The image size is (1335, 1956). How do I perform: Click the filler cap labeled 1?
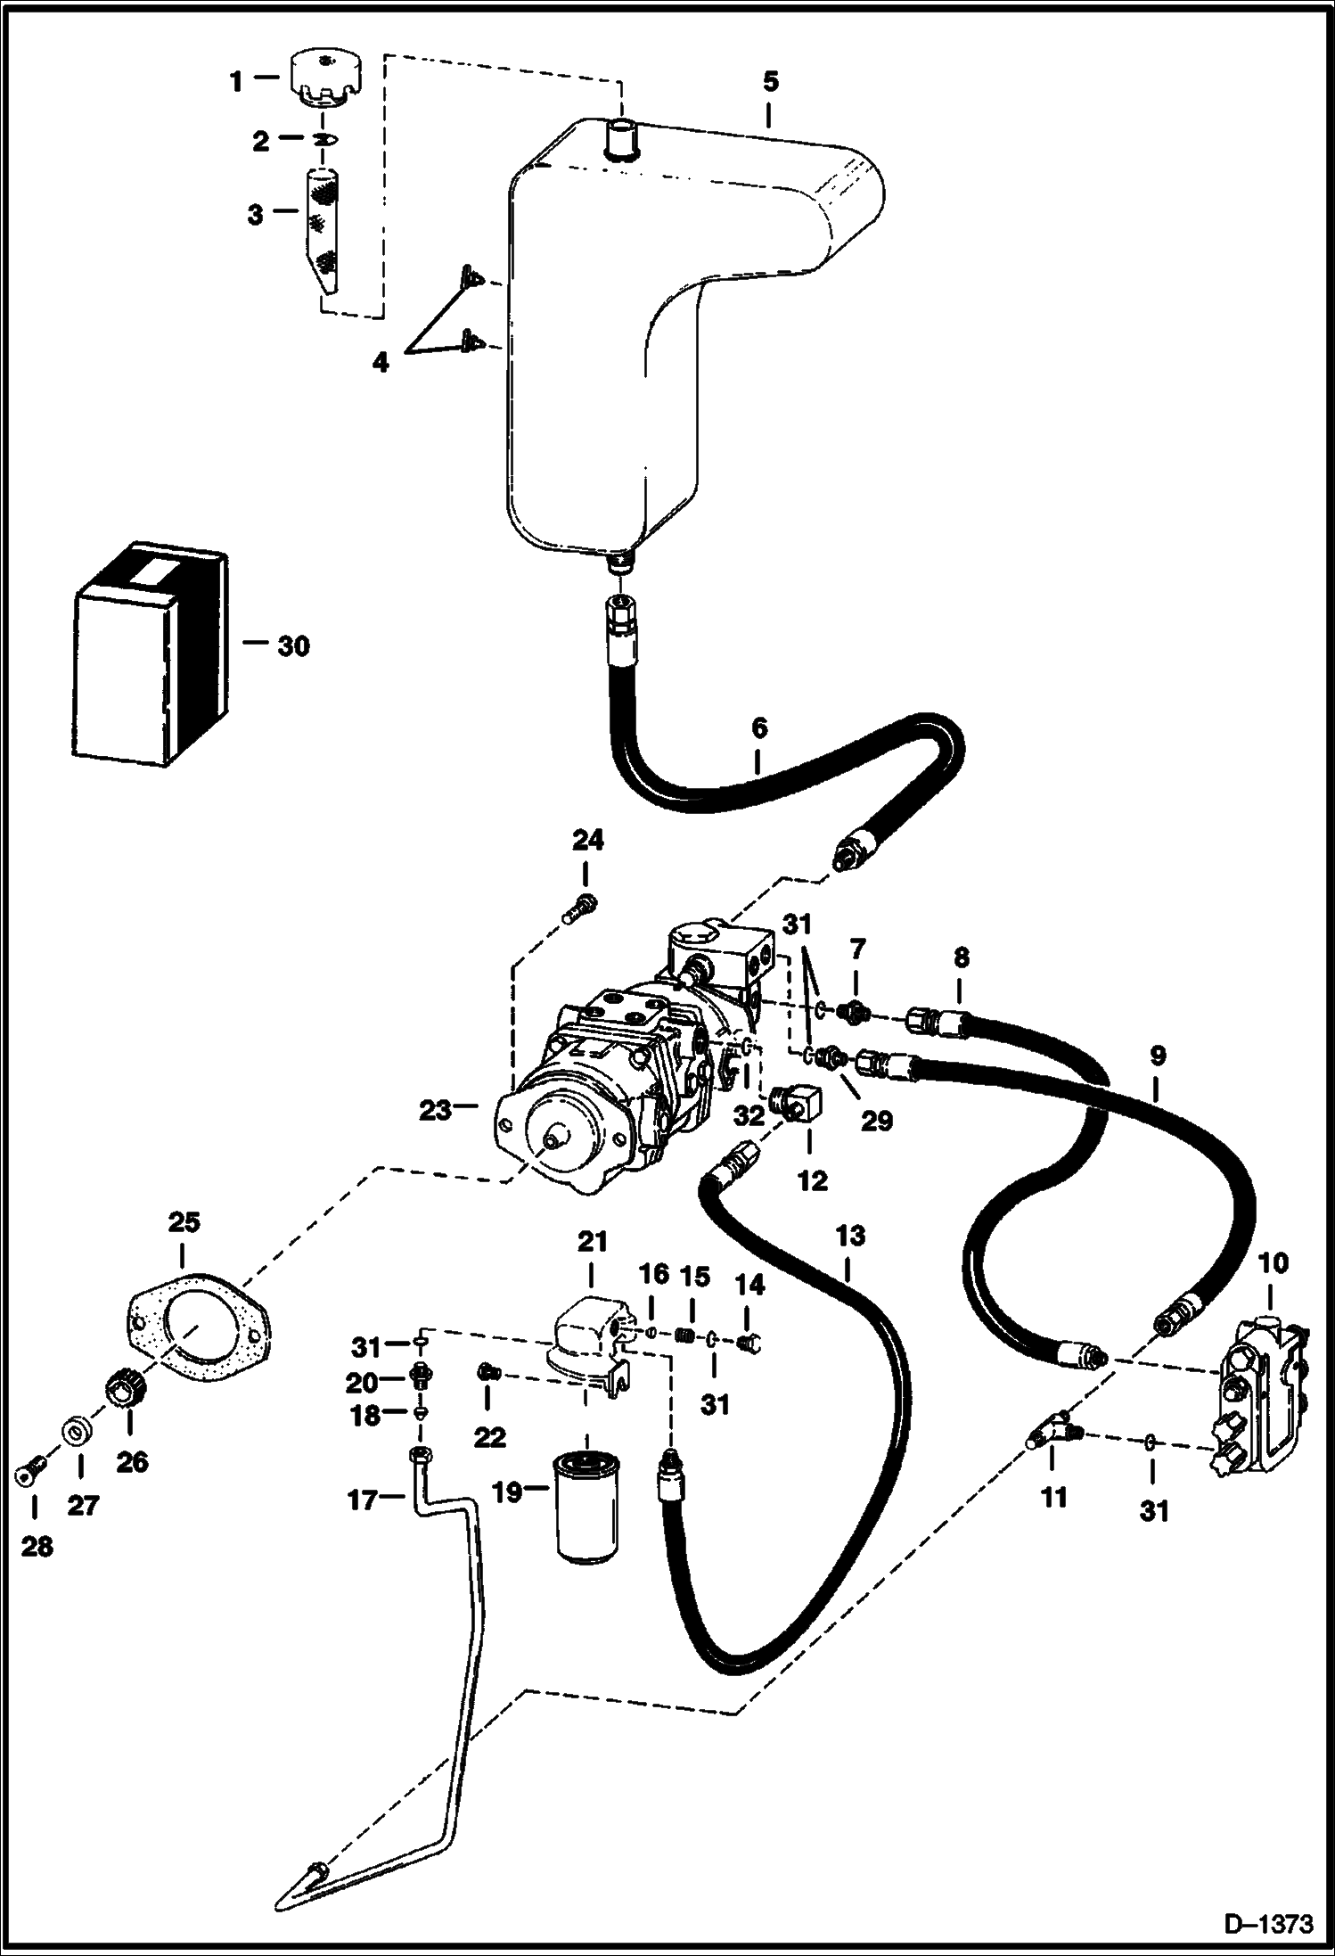pyautogui.click(x=325, y=79)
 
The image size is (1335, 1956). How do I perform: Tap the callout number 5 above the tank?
pyautogui.click(x=770, y=81)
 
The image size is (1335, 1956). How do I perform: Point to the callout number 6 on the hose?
pyautogui.click(x=758, y=728)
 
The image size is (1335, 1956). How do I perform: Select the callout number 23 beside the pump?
pyautogui.click(x=435, y=1111)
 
